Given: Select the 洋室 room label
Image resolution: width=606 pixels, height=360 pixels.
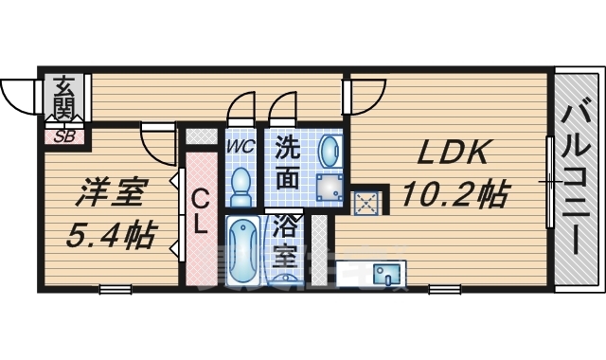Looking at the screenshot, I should coord(110,193).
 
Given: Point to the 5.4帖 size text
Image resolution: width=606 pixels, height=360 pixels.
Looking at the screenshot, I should coord(111,233).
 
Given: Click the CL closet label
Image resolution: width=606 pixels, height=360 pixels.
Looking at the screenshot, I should coord(200,212).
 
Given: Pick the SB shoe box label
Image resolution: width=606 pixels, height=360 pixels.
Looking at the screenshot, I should coord(65,135).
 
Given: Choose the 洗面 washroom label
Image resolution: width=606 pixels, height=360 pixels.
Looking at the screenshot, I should coord(289,162).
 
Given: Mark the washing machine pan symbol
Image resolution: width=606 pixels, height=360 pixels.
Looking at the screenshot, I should coord(330,187).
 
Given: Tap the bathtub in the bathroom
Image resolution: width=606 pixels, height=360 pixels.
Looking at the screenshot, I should coord(242,249).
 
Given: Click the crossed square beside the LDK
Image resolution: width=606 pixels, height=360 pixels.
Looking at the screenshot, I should coord(365,201).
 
